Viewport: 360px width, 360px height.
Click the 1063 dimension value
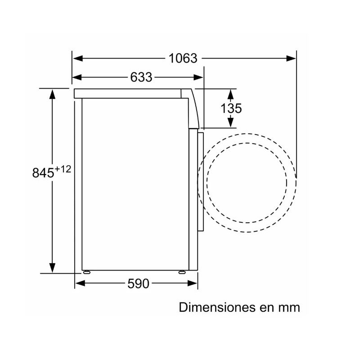pyautogui.click(x=183, y=58)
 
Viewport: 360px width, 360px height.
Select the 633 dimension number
pyautogui.click(x=141, y=77)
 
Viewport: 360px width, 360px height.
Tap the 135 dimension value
pyautogui.click(x=231, y=108)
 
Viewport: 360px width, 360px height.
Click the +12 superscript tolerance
pyautogui.click(x=63, y=169)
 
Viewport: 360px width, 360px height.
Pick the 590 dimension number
pyautogui.click(x=137, y=283)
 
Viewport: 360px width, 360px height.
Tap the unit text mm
pyautogui.click(x=289, y=308)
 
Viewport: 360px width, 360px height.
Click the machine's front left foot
pyautogui.click(x=85, y=272)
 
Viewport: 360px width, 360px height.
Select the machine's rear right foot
pyautogui.click(x=181, y=272)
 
